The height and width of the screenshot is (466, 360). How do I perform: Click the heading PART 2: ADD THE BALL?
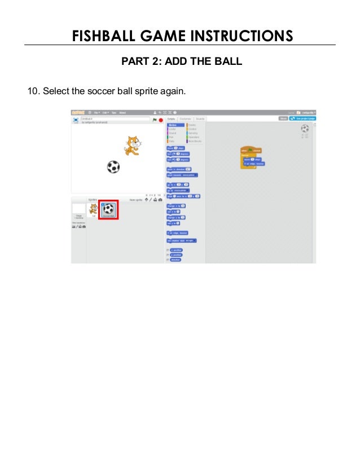[x=182, y=61]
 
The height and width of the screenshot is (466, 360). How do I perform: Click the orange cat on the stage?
[x=131, y=146]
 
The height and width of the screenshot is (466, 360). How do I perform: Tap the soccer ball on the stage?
[x=113, y=167]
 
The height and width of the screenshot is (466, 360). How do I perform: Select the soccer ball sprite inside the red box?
[x=108, y=209]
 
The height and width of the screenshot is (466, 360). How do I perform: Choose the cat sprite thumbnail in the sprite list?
[x=94, y=209]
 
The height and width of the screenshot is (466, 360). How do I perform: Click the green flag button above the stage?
[x=154, y=120]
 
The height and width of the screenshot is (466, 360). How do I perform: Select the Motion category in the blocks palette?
[x=173, y=125]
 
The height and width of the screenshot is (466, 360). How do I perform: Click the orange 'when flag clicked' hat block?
[x=250, y=151]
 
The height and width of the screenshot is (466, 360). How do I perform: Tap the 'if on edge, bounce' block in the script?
[x=253, y=164]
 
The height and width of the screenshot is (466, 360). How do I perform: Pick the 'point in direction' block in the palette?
[x=179, y=169]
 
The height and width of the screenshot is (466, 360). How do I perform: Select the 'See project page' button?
[x=302, y=119]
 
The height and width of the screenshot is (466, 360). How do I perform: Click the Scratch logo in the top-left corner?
[x=78, y=112]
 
